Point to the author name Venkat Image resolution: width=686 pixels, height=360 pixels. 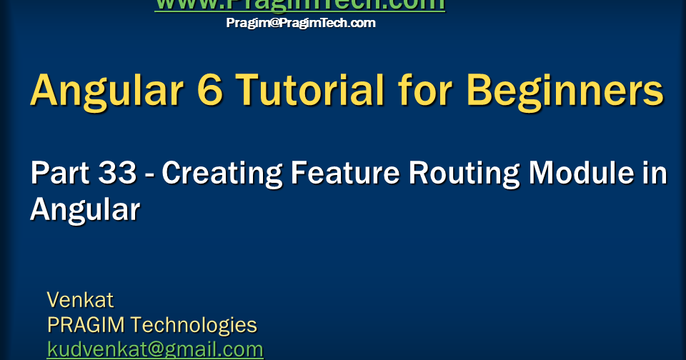pyautogui.click(x=80, y=299)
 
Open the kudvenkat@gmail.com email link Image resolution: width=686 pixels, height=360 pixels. pyautogui.click(x=155, y=349)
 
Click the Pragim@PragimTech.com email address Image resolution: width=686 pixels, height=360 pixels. pyautogui.click(x=301, y=23)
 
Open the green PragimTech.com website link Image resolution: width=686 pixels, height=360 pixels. pyautogui.click(x=300, y=5)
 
